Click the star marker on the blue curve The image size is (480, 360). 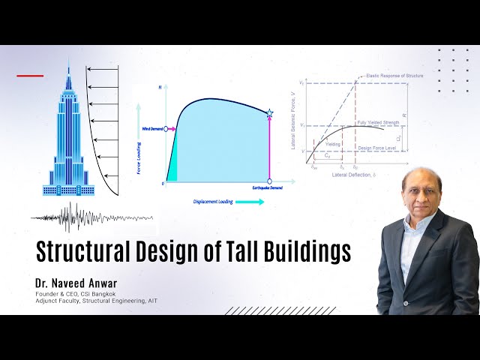[x=269, y=113]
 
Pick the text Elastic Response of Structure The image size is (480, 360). [x=385, y=76]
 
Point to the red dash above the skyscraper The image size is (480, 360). [x=30, y=76]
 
